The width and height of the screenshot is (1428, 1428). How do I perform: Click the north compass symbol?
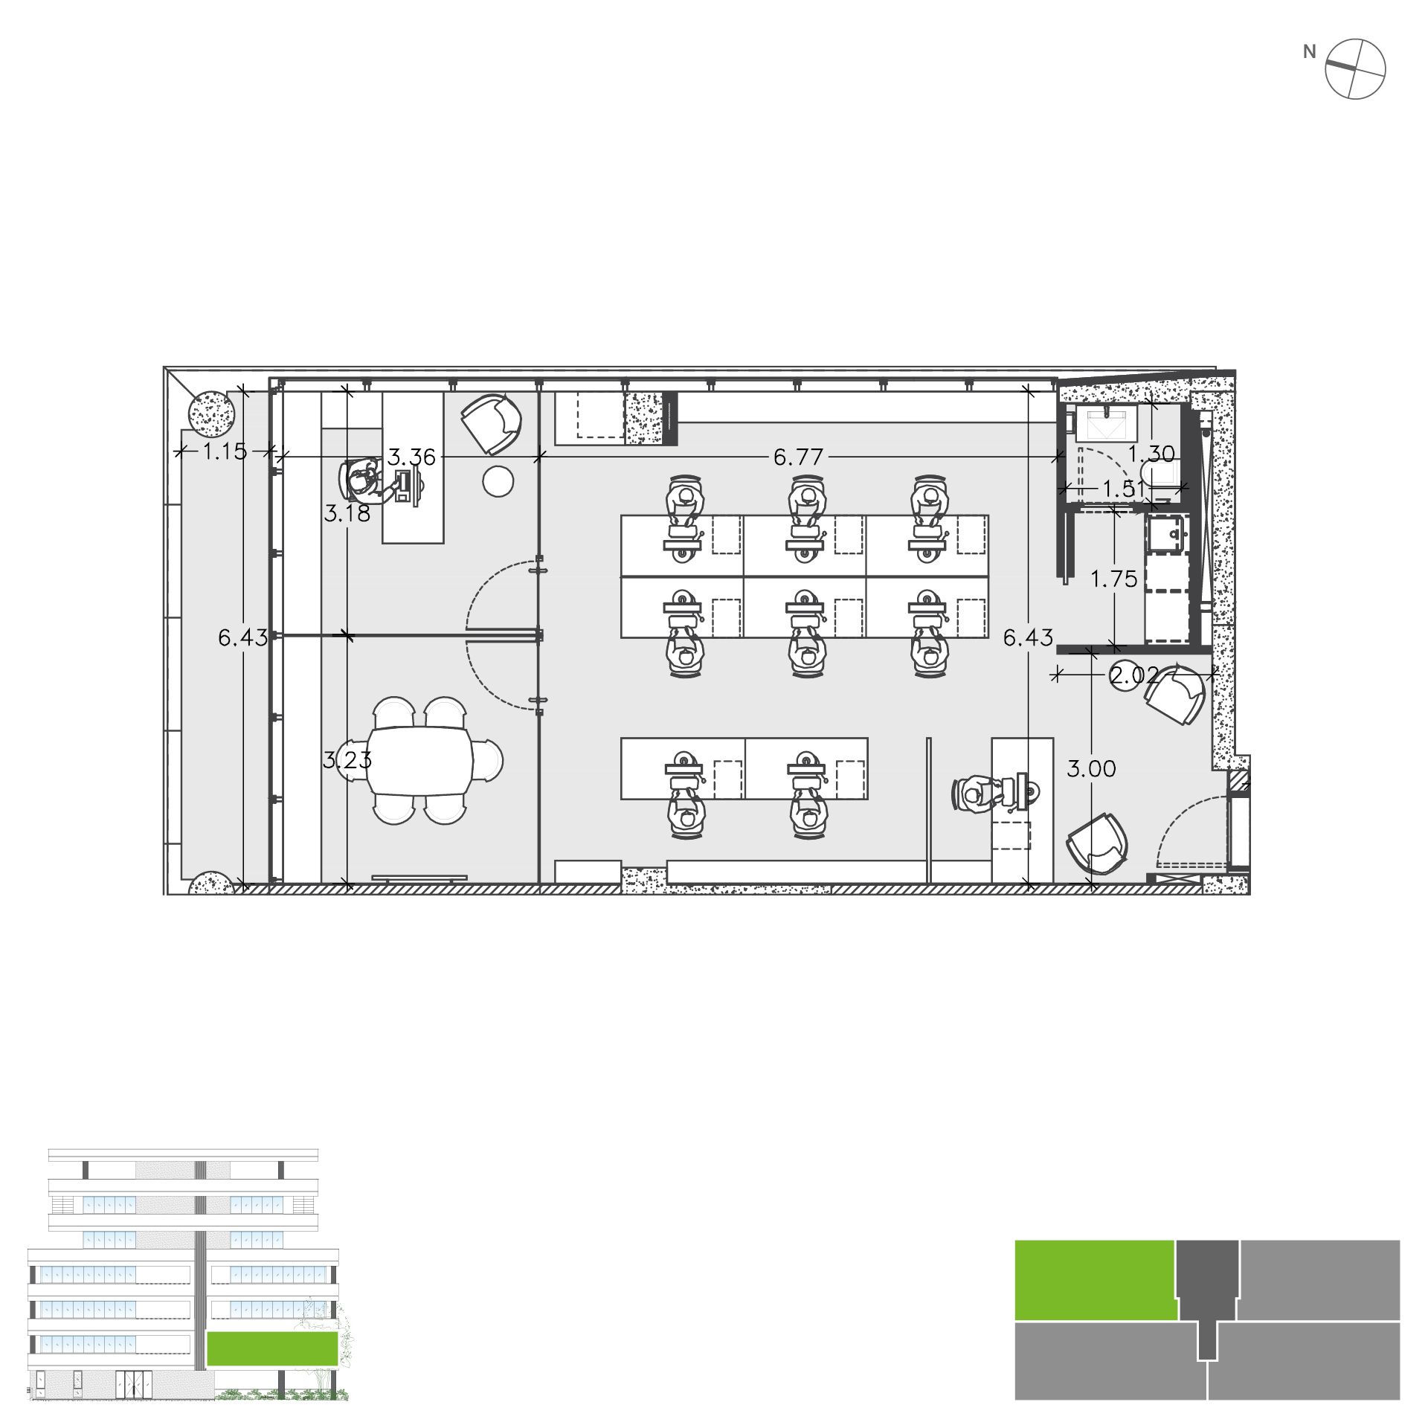tap(1356, 68)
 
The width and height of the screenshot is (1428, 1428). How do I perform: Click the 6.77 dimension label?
tap(798, 457)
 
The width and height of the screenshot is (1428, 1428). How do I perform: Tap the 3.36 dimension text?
tap(411, 457)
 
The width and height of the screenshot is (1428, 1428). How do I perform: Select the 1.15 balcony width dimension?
tap(225, 451)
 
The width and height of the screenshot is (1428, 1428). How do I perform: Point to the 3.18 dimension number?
tap(347, 513)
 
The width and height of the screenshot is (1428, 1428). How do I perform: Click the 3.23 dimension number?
tap(347, 760)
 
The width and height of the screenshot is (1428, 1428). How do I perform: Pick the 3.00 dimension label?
tap(1091, 769)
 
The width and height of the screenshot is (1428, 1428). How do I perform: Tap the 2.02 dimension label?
tap(1133, 675)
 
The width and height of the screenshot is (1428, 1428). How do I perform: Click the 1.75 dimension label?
tap(1114, 579)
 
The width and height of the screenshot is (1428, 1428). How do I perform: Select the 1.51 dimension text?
tap(1124, 489)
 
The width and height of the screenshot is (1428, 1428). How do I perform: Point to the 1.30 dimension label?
tap(1151, 454)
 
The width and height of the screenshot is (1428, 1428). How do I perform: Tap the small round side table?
tap(498, 481)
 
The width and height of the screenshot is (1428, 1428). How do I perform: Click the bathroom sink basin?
tap(1106, 424)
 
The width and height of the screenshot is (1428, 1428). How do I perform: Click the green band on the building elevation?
tap(272, 1348)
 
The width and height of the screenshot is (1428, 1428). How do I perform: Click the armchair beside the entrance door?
tap(1097, 843)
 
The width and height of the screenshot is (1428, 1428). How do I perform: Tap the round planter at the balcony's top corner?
tap(211, 414)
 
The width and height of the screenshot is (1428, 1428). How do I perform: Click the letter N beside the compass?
tap(1310, 52)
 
